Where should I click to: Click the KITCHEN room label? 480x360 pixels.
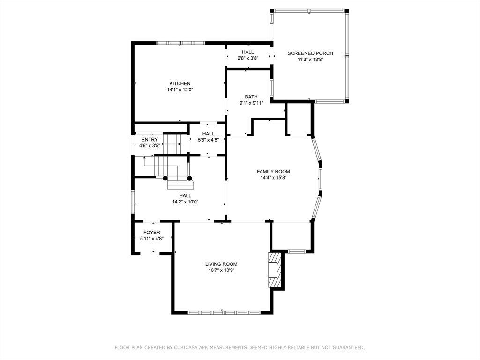click(x=180, y=83)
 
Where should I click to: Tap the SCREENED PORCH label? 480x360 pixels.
click(x=310, y=53)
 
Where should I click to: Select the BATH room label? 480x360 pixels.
click(x=251, y=97)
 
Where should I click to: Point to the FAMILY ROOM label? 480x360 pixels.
click(x=273, y=172)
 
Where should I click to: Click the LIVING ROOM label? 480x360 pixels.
click(x=221, y=264)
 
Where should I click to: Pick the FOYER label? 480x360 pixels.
click(x=151, y=232)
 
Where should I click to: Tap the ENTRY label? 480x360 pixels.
click(x=150, y=140)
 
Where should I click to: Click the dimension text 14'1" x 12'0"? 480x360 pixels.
click(x=180, y=90)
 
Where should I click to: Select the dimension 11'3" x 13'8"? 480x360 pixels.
click(x=310, y=60)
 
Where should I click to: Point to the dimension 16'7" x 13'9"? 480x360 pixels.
click(x=221, y=270)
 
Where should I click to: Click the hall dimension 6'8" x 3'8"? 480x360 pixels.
click(x=247, y=58)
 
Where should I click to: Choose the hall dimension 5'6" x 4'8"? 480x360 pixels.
click(x=208, y=140)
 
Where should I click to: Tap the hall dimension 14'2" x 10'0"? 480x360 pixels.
click(x=185, y=202)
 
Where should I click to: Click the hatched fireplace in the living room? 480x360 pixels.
click(x=275, y=270)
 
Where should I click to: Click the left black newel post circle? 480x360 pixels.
click(x=165, y=178)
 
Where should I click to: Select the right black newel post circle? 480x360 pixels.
click(x=189, y=178)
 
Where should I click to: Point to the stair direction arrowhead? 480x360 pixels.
click(x=144, y=157)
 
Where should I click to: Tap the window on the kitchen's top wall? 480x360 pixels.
click(x=180, y=43)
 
